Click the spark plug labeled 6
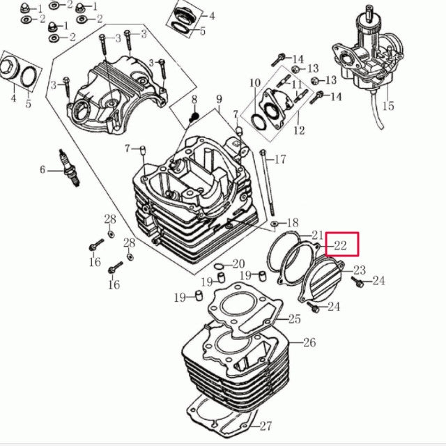click(70, 168)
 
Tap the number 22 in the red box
click(340, 245)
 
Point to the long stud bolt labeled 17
click(268, 183)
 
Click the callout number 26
click(309, 342)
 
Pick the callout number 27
click(266, 426)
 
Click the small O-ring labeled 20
click(219, 266)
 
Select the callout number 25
click(294, 319)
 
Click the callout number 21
click(317, 235)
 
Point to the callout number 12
click(299, 130)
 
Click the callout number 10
click(255, 83)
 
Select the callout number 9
click(219, 99)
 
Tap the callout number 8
click(194, 99)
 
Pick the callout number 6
click(43, 170)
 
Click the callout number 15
click(388, 106)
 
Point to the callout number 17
click(279, 160)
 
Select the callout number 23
click(359, 270)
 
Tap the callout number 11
click(296, 84)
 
